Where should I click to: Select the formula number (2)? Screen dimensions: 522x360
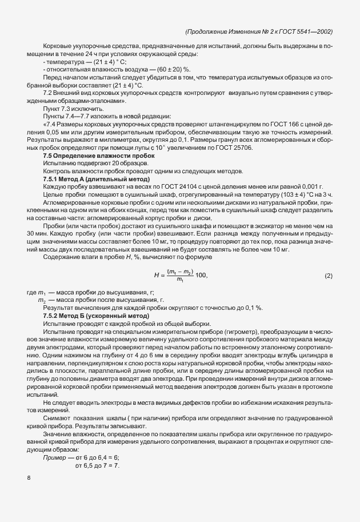[328, 276]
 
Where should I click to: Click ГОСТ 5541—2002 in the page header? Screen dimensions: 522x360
[306, 32]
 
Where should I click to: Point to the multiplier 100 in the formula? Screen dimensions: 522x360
[202, 276]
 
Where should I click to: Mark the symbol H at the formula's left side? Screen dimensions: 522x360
[156, 276]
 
